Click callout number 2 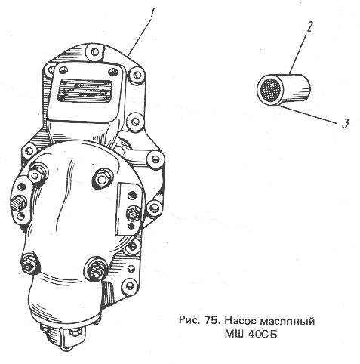pos(309,27)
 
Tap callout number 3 pos(346,124)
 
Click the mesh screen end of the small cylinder pos(270,90)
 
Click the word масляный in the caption pos(287,321)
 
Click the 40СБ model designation pos(263,334)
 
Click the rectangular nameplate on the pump pos(85,91)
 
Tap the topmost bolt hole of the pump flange pos(94,52)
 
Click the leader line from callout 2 pos(297,54)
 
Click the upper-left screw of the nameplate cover pos(63,69)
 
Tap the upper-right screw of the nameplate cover pos(112,72)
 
